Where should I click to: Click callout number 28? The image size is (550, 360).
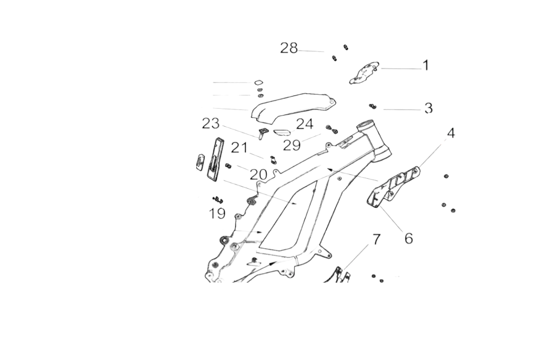tap(289, 48)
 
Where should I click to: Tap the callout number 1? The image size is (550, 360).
tap(425, 66)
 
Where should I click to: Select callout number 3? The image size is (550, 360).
tap(429, 109)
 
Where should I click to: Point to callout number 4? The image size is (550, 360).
tap(451, 133)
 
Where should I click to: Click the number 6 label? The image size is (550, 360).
tap(408, 239)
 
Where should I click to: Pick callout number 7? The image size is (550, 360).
tap(376, 239)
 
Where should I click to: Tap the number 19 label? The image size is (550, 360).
tap(217, 214)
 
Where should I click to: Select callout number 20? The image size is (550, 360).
tap(258, 174)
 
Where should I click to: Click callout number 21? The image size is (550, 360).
tap(239, 148)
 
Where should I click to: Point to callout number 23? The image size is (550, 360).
tap(211, 124)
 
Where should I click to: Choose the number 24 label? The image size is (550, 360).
tap(304, 125)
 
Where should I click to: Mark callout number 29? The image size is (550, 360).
tap(292, 145)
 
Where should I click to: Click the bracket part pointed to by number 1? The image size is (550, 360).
tap(364, 73)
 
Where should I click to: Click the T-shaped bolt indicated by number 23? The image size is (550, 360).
tap(263, 132)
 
